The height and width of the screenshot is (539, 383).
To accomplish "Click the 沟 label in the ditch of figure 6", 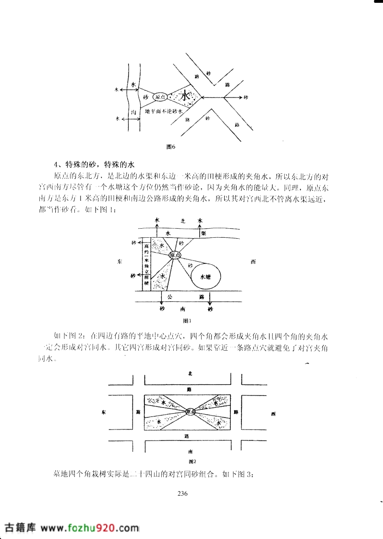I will click(133, 112).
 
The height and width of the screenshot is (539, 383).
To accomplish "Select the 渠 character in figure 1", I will click(204, 233).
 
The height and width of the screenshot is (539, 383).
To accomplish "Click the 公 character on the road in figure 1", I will click(170, 297).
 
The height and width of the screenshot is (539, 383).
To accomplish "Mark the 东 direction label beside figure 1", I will click(119, 262).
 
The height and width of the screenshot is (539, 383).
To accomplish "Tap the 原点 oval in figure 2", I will click(190, 412).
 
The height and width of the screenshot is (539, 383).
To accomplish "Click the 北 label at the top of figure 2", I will click(190, 373).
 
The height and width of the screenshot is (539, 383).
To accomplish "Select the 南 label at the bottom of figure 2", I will click(190, 451).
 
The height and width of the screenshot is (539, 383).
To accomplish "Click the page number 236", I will click(182, 493).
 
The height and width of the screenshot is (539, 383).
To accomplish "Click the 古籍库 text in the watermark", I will click(20, 527).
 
